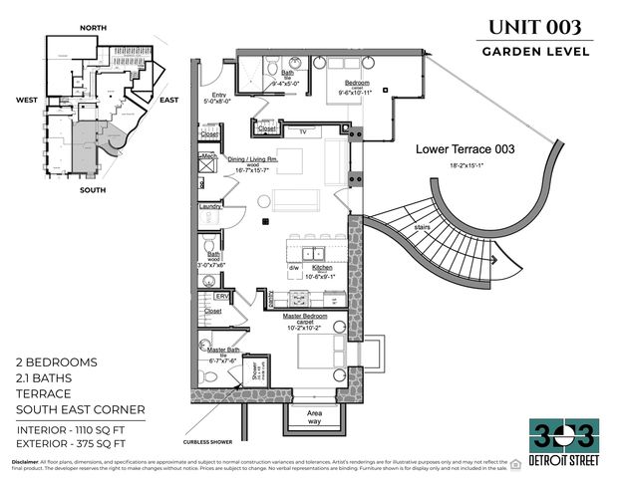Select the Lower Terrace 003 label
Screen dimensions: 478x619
[x=464, y=149]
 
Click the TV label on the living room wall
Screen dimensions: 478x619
[x=303, y=129]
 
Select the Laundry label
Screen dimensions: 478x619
[x=210, y=206]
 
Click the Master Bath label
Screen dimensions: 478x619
[x=221, y=351]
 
